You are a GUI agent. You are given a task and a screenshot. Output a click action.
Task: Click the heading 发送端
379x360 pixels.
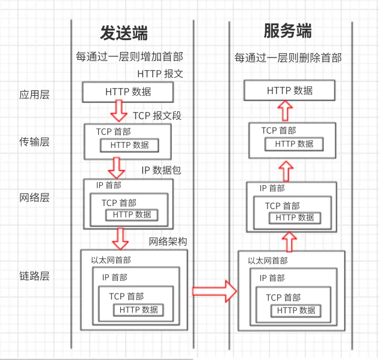[124, 33]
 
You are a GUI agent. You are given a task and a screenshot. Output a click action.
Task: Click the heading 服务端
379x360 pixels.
[287, 31]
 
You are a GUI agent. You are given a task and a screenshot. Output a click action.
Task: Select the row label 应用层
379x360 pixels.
[34, 94]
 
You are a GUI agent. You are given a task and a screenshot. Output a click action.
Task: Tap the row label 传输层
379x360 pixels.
[34, 142]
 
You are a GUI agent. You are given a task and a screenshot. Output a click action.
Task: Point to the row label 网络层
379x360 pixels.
[34, 198]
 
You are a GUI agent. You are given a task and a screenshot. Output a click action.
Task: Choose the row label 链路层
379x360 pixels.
[34, 277]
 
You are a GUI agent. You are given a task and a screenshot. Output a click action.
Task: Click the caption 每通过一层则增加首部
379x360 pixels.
[129, 57]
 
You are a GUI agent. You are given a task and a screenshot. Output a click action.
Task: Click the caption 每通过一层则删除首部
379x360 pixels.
[288, 58]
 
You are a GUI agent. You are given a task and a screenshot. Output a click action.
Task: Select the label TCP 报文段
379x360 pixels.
[157, 116]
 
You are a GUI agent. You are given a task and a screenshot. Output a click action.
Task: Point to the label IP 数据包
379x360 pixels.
[161, 170]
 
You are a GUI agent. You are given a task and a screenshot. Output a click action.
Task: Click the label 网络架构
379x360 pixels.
[168, 241]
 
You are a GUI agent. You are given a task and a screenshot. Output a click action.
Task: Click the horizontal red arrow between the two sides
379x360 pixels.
[214, 291]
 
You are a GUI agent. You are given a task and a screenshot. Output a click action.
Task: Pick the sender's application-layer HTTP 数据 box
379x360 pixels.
[128, 92]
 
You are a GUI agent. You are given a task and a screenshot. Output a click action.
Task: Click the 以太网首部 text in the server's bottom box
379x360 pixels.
[268, 261]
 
